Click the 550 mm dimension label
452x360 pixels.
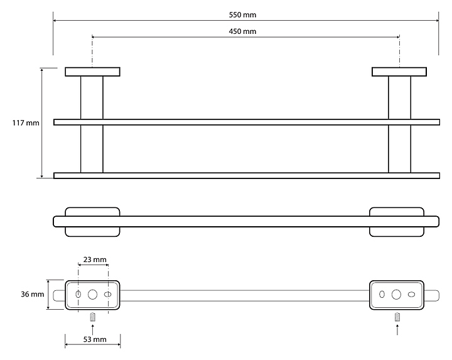pyautogui.click(x=242, y=14)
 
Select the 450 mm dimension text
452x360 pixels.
pyautogui.click(x=242, y=31)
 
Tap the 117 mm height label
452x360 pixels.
pyautogui.click(x=26, y=123)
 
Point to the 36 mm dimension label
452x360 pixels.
pyautogui.click(x=32, y=294)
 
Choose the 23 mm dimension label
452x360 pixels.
pyautogui.click(x=95, y=259)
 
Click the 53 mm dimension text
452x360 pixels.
pyautogui.click(x=95, y=339)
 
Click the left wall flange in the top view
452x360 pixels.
pyautogui.click(x=92, y=72)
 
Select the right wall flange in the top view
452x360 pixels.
pyautogui.click(x=399, y=72)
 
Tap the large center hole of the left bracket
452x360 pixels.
pyautogui.click(x=92, y=295)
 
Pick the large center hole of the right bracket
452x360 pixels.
pyautogui.click(x=396, y=295)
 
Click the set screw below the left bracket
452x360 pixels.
pyautogui.click(x=92, y=317)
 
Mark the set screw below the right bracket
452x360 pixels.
pyautogui.click(x=397, y=317)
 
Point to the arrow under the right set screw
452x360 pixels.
pyautogui.click(x=397, y=330)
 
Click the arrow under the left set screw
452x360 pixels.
pyautogui.click(x=92, y=330)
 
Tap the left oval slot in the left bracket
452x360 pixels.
pyautogui.click(x=78, y=295)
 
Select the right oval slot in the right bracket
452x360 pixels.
pyautogui.click(x=411, y=295)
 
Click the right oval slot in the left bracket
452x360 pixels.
pyautogui.click(x=108, y=295)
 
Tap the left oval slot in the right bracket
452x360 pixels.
pyautogui.click(x=382, y=295)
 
